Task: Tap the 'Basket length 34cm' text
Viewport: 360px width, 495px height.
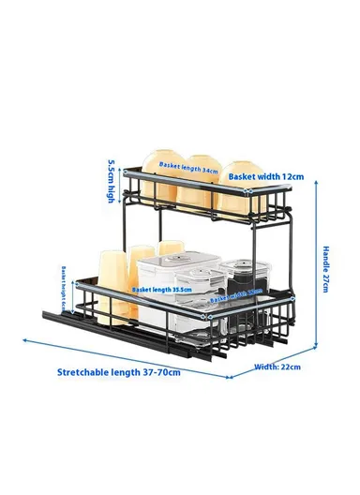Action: pyautogui.click(x=187, y=165)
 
